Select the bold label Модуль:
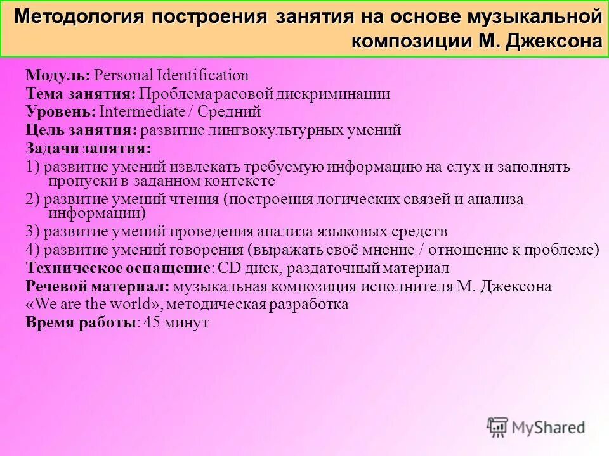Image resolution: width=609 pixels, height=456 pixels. tap(58, 76)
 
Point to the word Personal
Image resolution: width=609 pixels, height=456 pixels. tap(121, 76)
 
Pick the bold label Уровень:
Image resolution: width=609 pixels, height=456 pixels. tap(61, 112)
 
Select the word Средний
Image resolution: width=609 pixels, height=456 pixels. tap(230, 112)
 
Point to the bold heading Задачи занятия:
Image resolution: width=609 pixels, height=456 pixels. tap(88, 149)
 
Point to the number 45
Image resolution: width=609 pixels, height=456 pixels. tap(152, 322)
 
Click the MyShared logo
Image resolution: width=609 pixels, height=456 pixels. tap(536, 427)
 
